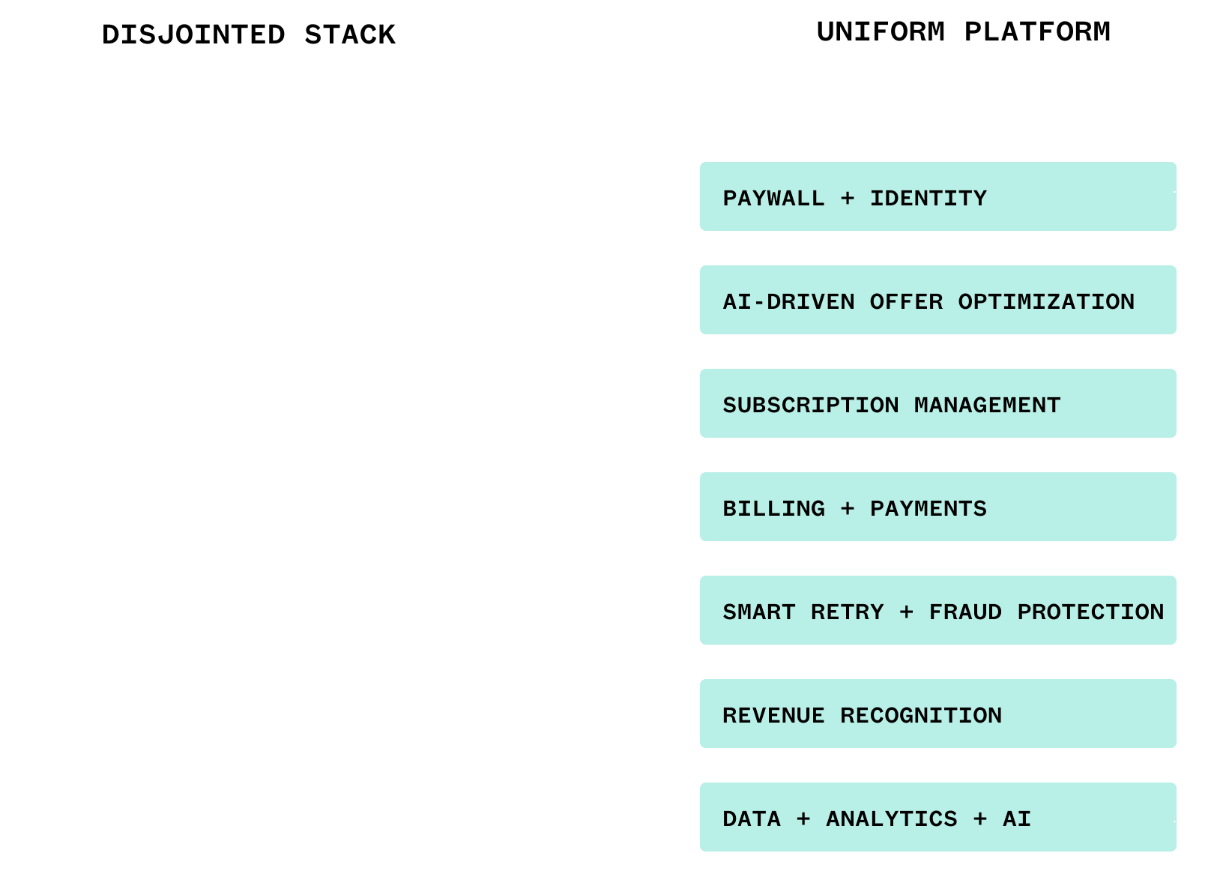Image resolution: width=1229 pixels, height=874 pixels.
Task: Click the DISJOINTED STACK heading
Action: tap(249, 34)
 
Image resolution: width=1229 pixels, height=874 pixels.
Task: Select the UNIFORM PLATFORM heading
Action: tap(964, 31)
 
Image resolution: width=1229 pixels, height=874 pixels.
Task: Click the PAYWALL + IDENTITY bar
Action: tap(937, 197)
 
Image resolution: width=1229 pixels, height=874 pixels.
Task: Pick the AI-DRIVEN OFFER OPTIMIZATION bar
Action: tap(937, 301)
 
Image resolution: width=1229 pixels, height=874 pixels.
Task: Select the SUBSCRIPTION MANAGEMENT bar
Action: tap(937, 404)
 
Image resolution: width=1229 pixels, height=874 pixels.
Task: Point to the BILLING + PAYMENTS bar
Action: tap(937, 507)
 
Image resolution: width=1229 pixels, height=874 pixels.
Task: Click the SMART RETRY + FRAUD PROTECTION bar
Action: tap(937, 611)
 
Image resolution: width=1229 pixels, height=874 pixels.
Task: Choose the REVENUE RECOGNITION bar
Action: tap(937, 714)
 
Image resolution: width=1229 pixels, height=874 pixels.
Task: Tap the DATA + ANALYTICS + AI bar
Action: tap(937, 818)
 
